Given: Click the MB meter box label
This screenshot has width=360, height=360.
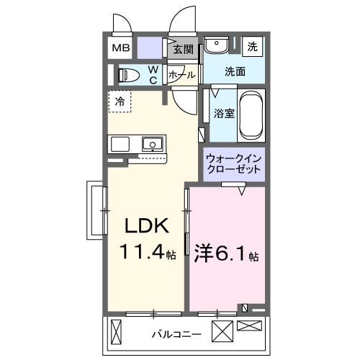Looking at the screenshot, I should tap(120, 49).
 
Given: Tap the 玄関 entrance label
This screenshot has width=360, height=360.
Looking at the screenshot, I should tap(184, 50).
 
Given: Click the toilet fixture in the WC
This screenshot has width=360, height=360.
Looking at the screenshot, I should tap(129, 74).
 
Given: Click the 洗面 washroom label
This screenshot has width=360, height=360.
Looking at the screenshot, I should tap(234, 71).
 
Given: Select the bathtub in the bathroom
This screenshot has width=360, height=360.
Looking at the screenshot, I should tap(251, 115).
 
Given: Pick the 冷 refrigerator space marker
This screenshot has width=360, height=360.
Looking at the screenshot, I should tap(120, 101).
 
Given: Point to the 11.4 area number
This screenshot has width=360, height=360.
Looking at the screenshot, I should tap(143, 254).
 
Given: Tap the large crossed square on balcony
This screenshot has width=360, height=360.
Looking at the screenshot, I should tap(222, 333).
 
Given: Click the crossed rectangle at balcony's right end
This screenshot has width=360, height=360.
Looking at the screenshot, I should tap(250, 326).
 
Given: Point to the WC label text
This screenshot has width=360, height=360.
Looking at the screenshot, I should tap(153, 74).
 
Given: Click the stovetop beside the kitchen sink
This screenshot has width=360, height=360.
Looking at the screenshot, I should tap(120, 143).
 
